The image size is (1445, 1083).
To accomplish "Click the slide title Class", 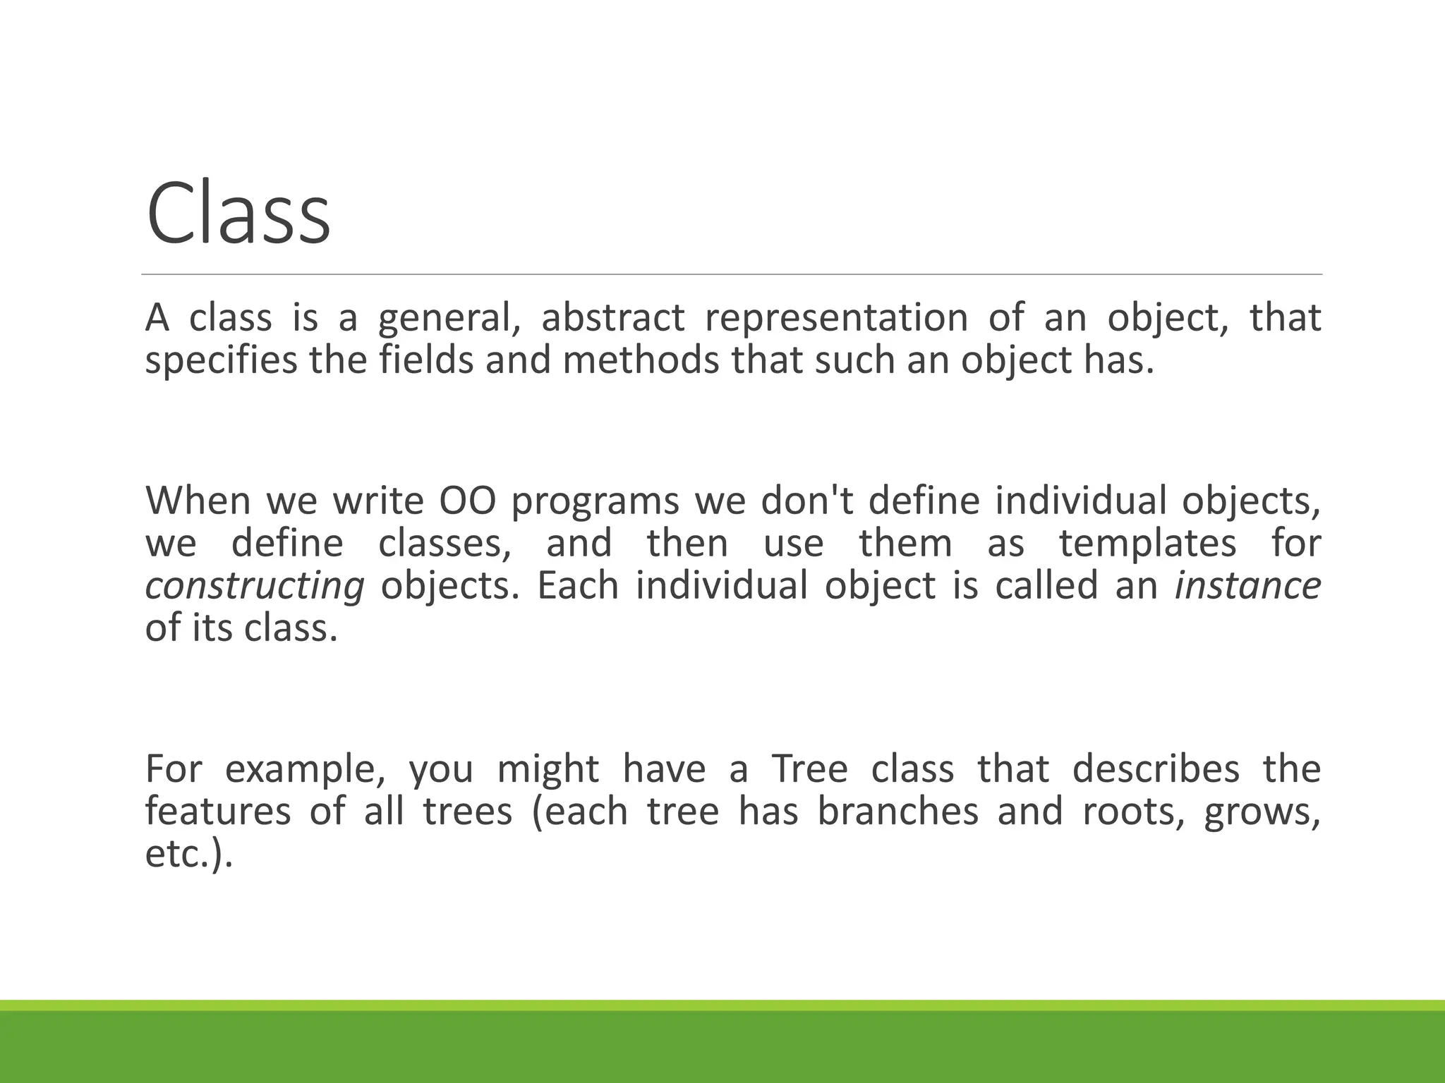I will click(x=238, y=213).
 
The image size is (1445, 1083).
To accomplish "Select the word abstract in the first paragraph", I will click(x=612, y=318).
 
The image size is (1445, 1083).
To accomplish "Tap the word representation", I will click(x=836, y=318).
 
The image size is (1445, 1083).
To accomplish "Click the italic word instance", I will click(x=1247, y=586).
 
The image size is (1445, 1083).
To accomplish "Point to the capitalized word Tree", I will click(x=809, y=769).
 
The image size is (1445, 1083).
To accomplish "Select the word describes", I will click(x=1156, y=769).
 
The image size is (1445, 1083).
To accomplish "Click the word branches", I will click(x=898, y=812).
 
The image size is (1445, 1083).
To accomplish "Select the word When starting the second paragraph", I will click(x=198, y=501).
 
